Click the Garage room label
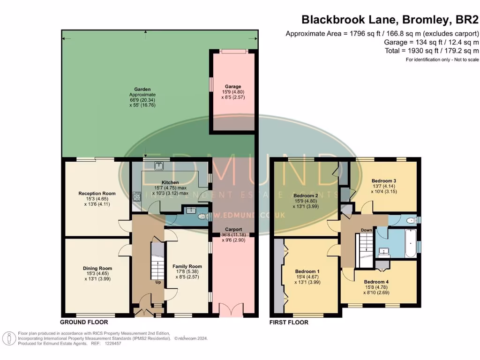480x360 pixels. [x=233, y=86]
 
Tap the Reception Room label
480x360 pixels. [x=97, y=193]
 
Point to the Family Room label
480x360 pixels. [x=187, y=266]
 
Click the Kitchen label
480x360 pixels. [x=170, y=182]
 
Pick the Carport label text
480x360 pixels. [x=233, y=229]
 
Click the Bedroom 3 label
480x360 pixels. [x=384, y=180]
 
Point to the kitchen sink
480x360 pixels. [x=159, y=165]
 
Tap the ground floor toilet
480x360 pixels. [x=203, y=217]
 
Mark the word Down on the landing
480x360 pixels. [x=366, y=230]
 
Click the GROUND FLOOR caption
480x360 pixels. [x=84, y=322]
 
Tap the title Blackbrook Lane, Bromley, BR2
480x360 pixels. [x=390, y=19]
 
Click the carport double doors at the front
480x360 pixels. [x=233, y=310]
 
